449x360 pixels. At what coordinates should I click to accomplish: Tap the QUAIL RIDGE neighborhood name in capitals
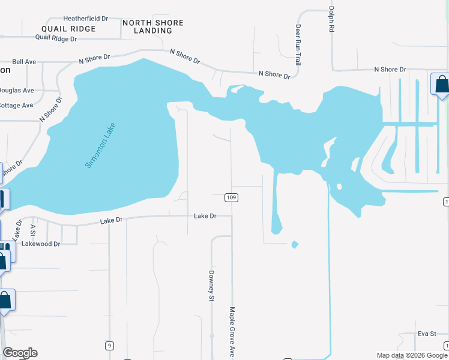coord(68,29)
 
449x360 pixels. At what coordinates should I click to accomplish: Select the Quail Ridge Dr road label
coord(56,38)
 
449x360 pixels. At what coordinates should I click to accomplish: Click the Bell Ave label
coord(25,61)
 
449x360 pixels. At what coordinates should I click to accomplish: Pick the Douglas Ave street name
coord(16,91)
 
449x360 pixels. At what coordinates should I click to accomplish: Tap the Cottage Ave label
coord(16,106)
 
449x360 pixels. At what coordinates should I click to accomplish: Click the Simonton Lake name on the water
coord(100,145)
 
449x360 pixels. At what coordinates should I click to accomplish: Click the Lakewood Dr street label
coord(41,244)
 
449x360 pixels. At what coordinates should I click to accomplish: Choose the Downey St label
coord(211,285)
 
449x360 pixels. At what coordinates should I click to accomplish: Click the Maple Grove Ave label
coord(232,332)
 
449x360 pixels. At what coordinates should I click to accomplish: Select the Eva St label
coord(426,334)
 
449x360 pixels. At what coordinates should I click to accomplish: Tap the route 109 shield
coord(232,197)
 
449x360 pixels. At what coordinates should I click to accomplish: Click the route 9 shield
coord(109,346)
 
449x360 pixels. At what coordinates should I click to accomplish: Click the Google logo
coord(20,353)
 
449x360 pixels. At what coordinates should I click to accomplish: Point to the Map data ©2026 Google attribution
coord(411,355)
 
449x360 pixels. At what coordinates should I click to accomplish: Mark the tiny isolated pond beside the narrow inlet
coord(294,244)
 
